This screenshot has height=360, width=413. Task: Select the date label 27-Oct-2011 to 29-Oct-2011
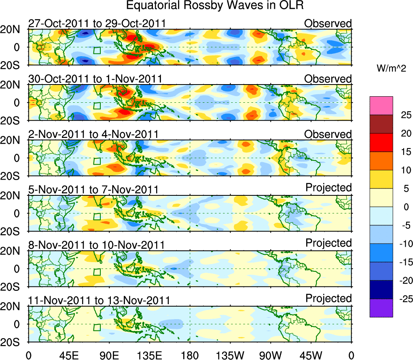(x=97, y=23)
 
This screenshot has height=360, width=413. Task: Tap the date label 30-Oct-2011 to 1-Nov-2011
(x=95, y=79)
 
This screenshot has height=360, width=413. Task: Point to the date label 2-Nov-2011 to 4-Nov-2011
(x=93, y=134)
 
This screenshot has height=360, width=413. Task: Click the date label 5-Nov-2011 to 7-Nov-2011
(x=93, y=190)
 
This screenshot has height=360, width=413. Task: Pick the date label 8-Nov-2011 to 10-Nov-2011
(x=96, y=245)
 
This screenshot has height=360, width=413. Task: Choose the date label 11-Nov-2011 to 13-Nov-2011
(x=99, y=301)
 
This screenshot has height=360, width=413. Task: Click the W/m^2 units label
(x=392, y=69)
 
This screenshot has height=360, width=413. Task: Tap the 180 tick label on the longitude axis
(x=190, y=355)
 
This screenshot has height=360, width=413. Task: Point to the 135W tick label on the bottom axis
(x=230, y=355)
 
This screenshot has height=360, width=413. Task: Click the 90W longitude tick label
(x=271, y=355)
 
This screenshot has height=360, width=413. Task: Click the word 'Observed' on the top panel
(x=328, y=23)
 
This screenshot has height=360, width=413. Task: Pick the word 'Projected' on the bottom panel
(x=328, y=299)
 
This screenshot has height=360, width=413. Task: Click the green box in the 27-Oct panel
(x=97, y=51)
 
